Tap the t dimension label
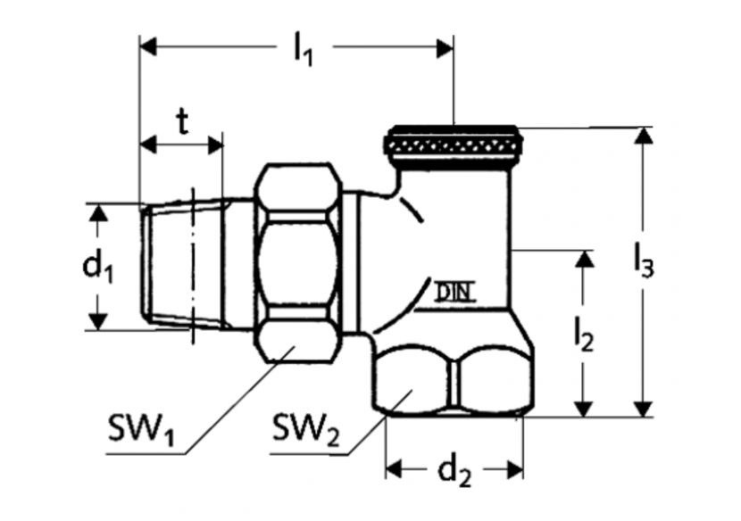coord(182,122)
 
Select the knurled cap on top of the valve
coord(452,143)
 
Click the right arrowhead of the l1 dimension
coord(445,48)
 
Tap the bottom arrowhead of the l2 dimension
coord(585,407)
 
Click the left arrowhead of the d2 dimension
coord(394,467)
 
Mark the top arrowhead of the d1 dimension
coord(99,212)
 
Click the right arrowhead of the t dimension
coord(214,144)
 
